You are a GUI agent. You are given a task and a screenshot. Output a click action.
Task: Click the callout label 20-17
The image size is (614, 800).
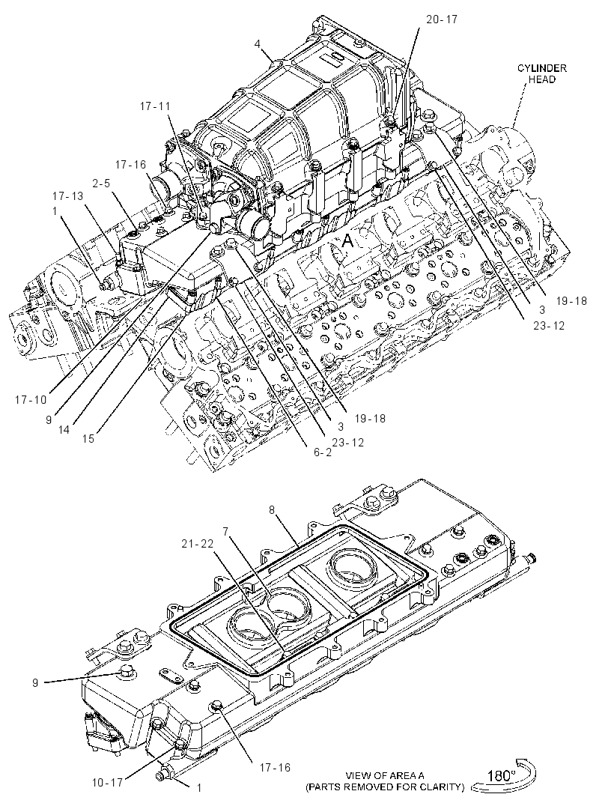442,19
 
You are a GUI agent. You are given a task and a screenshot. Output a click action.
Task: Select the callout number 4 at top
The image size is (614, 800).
258,44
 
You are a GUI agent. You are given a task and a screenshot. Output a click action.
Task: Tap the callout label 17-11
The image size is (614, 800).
155,106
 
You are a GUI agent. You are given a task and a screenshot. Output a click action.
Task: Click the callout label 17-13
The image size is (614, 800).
68,196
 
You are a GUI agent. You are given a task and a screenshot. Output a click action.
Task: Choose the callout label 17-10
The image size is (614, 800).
31,400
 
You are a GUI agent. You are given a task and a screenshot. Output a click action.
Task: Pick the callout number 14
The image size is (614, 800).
63,430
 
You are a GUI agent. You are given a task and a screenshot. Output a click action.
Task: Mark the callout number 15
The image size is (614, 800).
88,438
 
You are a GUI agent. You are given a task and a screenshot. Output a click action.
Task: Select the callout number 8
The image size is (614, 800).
272,509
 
